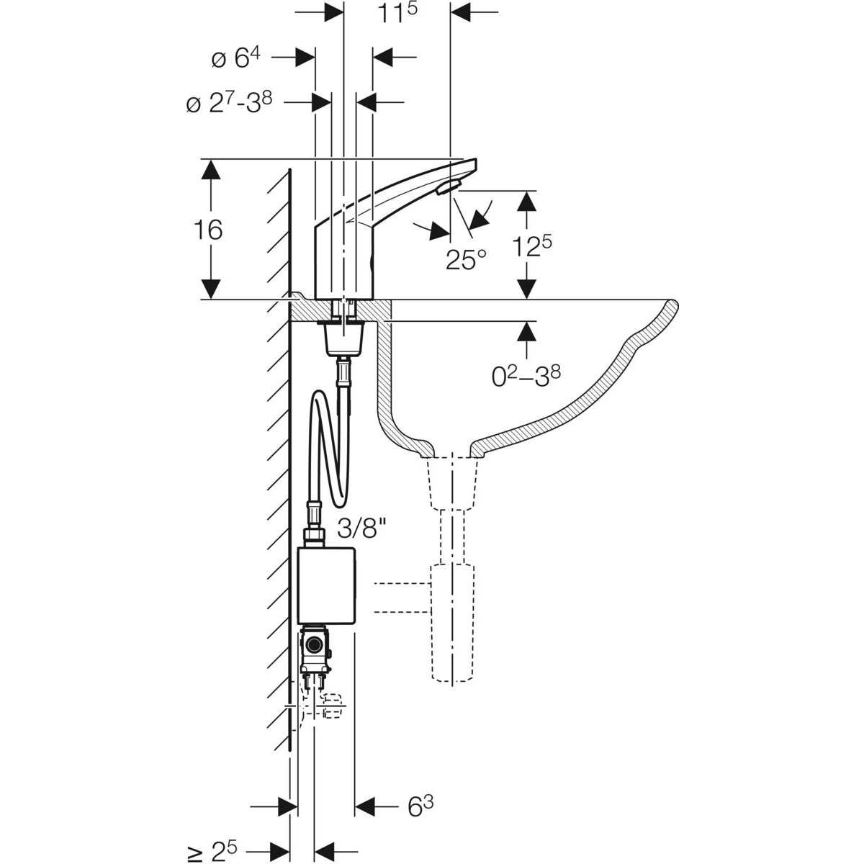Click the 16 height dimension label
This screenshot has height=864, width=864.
(207, 230)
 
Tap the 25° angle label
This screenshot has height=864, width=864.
(466, 259)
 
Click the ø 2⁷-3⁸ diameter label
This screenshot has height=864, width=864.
(228, 104)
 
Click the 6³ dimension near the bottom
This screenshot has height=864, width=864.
(421, 806)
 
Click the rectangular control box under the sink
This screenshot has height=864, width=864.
(326, 585)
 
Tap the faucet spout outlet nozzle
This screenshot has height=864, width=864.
(447, 187)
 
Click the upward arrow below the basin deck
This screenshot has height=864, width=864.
(527, 333)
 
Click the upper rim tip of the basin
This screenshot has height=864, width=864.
(671, 303)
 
